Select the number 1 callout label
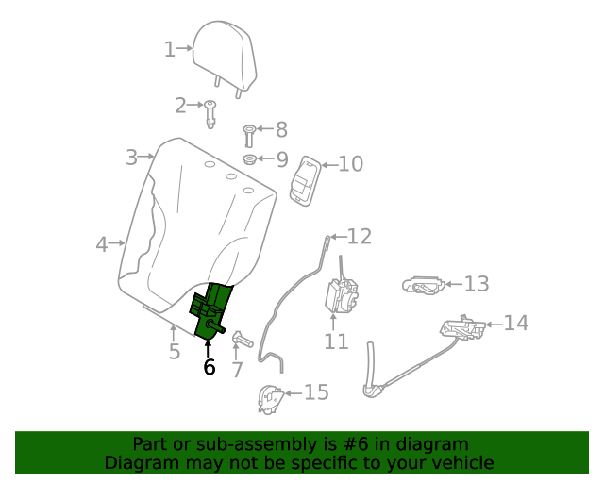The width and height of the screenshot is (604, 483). (x=170, y=49)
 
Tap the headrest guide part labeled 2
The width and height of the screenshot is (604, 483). (x=211, y=111)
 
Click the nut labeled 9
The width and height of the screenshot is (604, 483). (x=250, y=159)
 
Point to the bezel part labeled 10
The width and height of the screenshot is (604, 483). (x=304, y=179)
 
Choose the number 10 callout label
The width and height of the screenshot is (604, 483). (x=350, y=164)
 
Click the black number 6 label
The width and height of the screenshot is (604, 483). (x=210, y=367)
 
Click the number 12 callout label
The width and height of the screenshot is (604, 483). (x=360, y=237)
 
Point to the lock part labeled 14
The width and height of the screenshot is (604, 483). (x=463, y=329)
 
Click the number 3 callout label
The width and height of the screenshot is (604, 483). (x=132, y=158)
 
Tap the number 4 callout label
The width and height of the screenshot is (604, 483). (x=102, y=244)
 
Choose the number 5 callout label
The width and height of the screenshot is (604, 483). (x=175, y=352)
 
